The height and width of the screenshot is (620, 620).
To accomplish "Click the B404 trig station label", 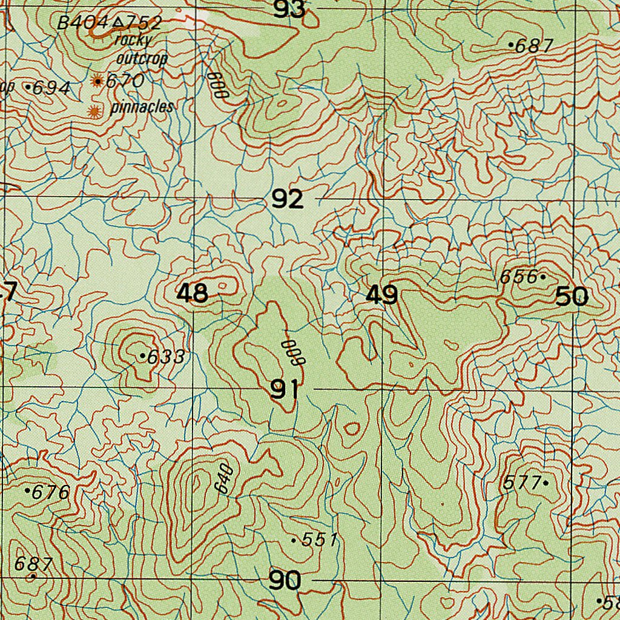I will tap(82, 23).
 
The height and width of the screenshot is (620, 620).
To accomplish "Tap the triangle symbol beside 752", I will tap(119, 22).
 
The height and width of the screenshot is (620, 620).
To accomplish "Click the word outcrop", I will tap(141, 59).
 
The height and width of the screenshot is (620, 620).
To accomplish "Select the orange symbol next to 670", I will tap(97, 81).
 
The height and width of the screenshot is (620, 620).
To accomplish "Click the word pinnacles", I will tap(142, 108).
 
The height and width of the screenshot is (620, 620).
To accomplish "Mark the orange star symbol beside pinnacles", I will tap(94, 111).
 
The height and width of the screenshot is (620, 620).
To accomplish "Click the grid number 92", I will tap(287, 199).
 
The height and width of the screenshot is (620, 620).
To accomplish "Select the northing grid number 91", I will tap(284, 391).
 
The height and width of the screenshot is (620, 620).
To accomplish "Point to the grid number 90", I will tap(285, 581).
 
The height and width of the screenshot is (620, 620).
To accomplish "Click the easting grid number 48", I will tap(193, 294).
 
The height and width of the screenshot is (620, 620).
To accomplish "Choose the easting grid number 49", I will tap(382, 296).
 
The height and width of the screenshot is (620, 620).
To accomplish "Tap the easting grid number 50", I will tap(572, 297).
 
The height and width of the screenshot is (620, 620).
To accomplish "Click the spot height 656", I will tap(519, 277).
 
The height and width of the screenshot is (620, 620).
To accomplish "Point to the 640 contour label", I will tap(223, 478).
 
